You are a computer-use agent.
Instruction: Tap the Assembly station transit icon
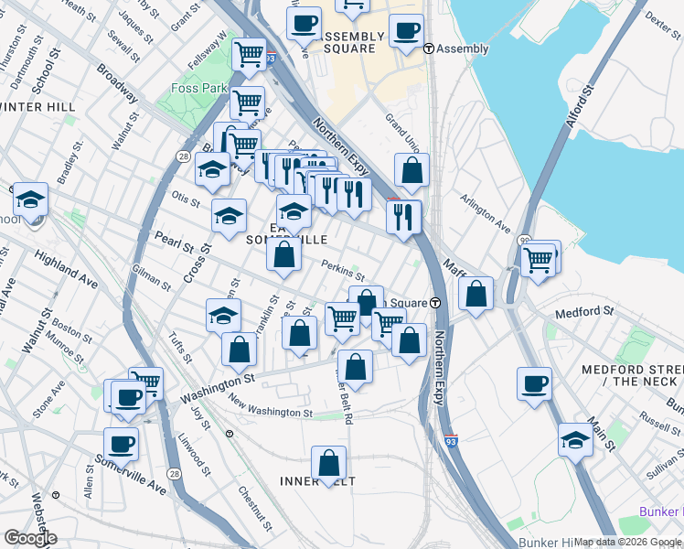pos(429,48)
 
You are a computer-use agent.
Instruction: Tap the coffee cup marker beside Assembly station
pos(405,30)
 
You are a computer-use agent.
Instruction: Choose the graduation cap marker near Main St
pos(575,439)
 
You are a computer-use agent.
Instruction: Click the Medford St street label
pos(583,312)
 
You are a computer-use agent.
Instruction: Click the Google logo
pos(30,538)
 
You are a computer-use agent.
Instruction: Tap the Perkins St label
pos(343,271)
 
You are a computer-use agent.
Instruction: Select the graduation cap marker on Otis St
pos(229,216)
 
